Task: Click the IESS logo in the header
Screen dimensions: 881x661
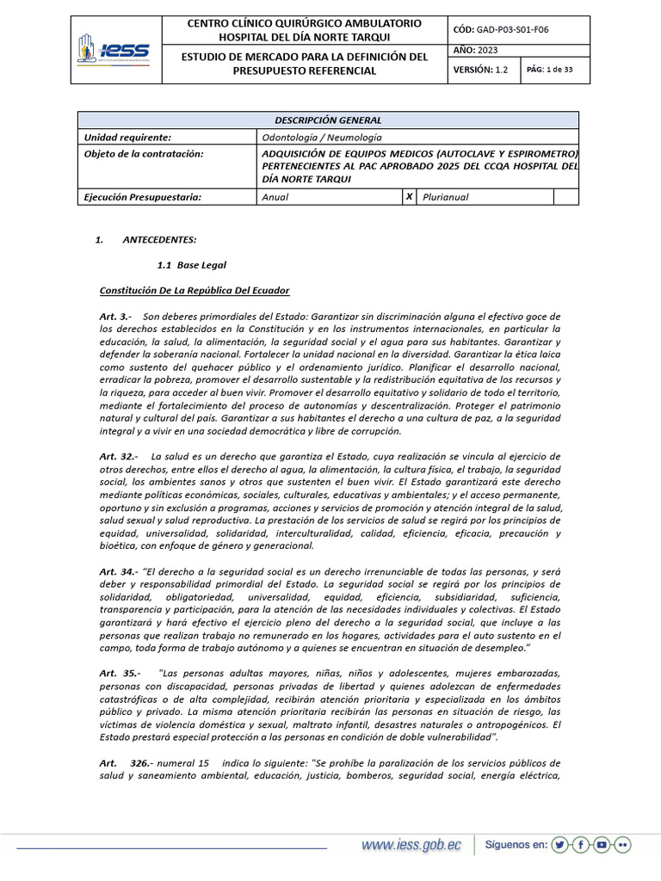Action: [114, 49]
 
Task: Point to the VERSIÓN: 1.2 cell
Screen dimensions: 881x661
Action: [481, 71]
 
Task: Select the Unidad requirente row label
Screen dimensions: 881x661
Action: [127, 138]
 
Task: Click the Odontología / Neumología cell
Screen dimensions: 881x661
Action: [321, 138]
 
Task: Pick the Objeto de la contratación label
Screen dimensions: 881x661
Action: [144, 154]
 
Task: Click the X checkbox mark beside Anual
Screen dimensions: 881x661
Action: [409, 197]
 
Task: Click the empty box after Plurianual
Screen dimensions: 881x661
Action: [565, 197]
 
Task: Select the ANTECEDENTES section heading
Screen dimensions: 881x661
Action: [159, 239]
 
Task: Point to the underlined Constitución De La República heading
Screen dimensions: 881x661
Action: [195, 291]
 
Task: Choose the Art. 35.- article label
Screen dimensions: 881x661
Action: [120, 673]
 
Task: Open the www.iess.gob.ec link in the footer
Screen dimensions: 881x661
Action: [411, 846]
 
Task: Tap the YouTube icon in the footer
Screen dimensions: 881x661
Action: [602, 845]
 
